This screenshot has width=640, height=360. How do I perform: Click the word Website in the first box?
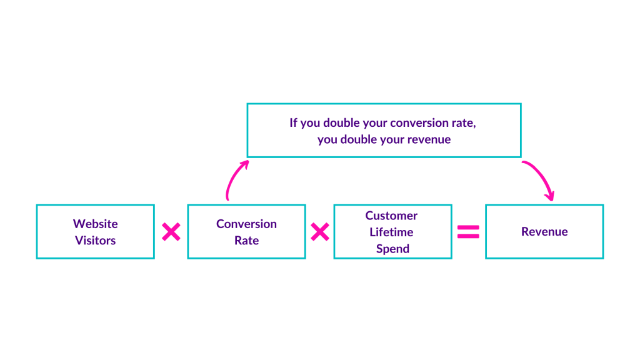click(95, 224)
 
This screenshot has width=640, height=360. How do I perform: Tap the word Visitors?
click(95, 240)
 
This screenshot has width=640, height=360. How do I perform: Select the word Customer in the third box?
click(391, 216)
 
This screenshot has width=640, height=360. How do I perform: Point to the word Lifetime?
click(392, 232)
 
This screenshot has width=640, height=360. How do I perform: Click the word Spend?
click(392, 248)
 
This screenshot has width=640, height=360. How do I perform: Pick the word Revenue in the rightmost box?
click(544, 232)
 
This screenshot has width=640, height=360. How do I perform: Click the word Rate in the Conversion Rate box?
click(246, 240)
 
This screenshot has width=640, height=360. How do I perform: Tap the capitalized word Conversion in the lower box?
click(246, 224)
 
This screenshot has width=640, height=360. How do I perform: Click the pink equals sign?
click(468, 232)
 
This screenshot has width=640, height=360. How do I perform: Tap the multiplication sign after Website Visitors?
click(171, 232)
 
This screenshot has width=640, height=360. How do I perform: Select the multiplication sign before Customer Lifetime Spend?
click(319, 232)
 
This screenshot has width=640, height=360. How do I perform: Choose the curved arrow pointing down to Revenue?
click(540, 175)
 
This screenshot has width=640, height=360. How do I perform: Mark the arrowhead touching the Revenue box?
click(549, 196)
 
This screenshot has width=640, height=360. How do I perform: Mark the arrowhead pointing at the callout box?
click(244, 164)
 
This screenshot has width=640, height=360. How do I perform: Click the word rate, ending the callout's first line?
click(464, 122)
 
